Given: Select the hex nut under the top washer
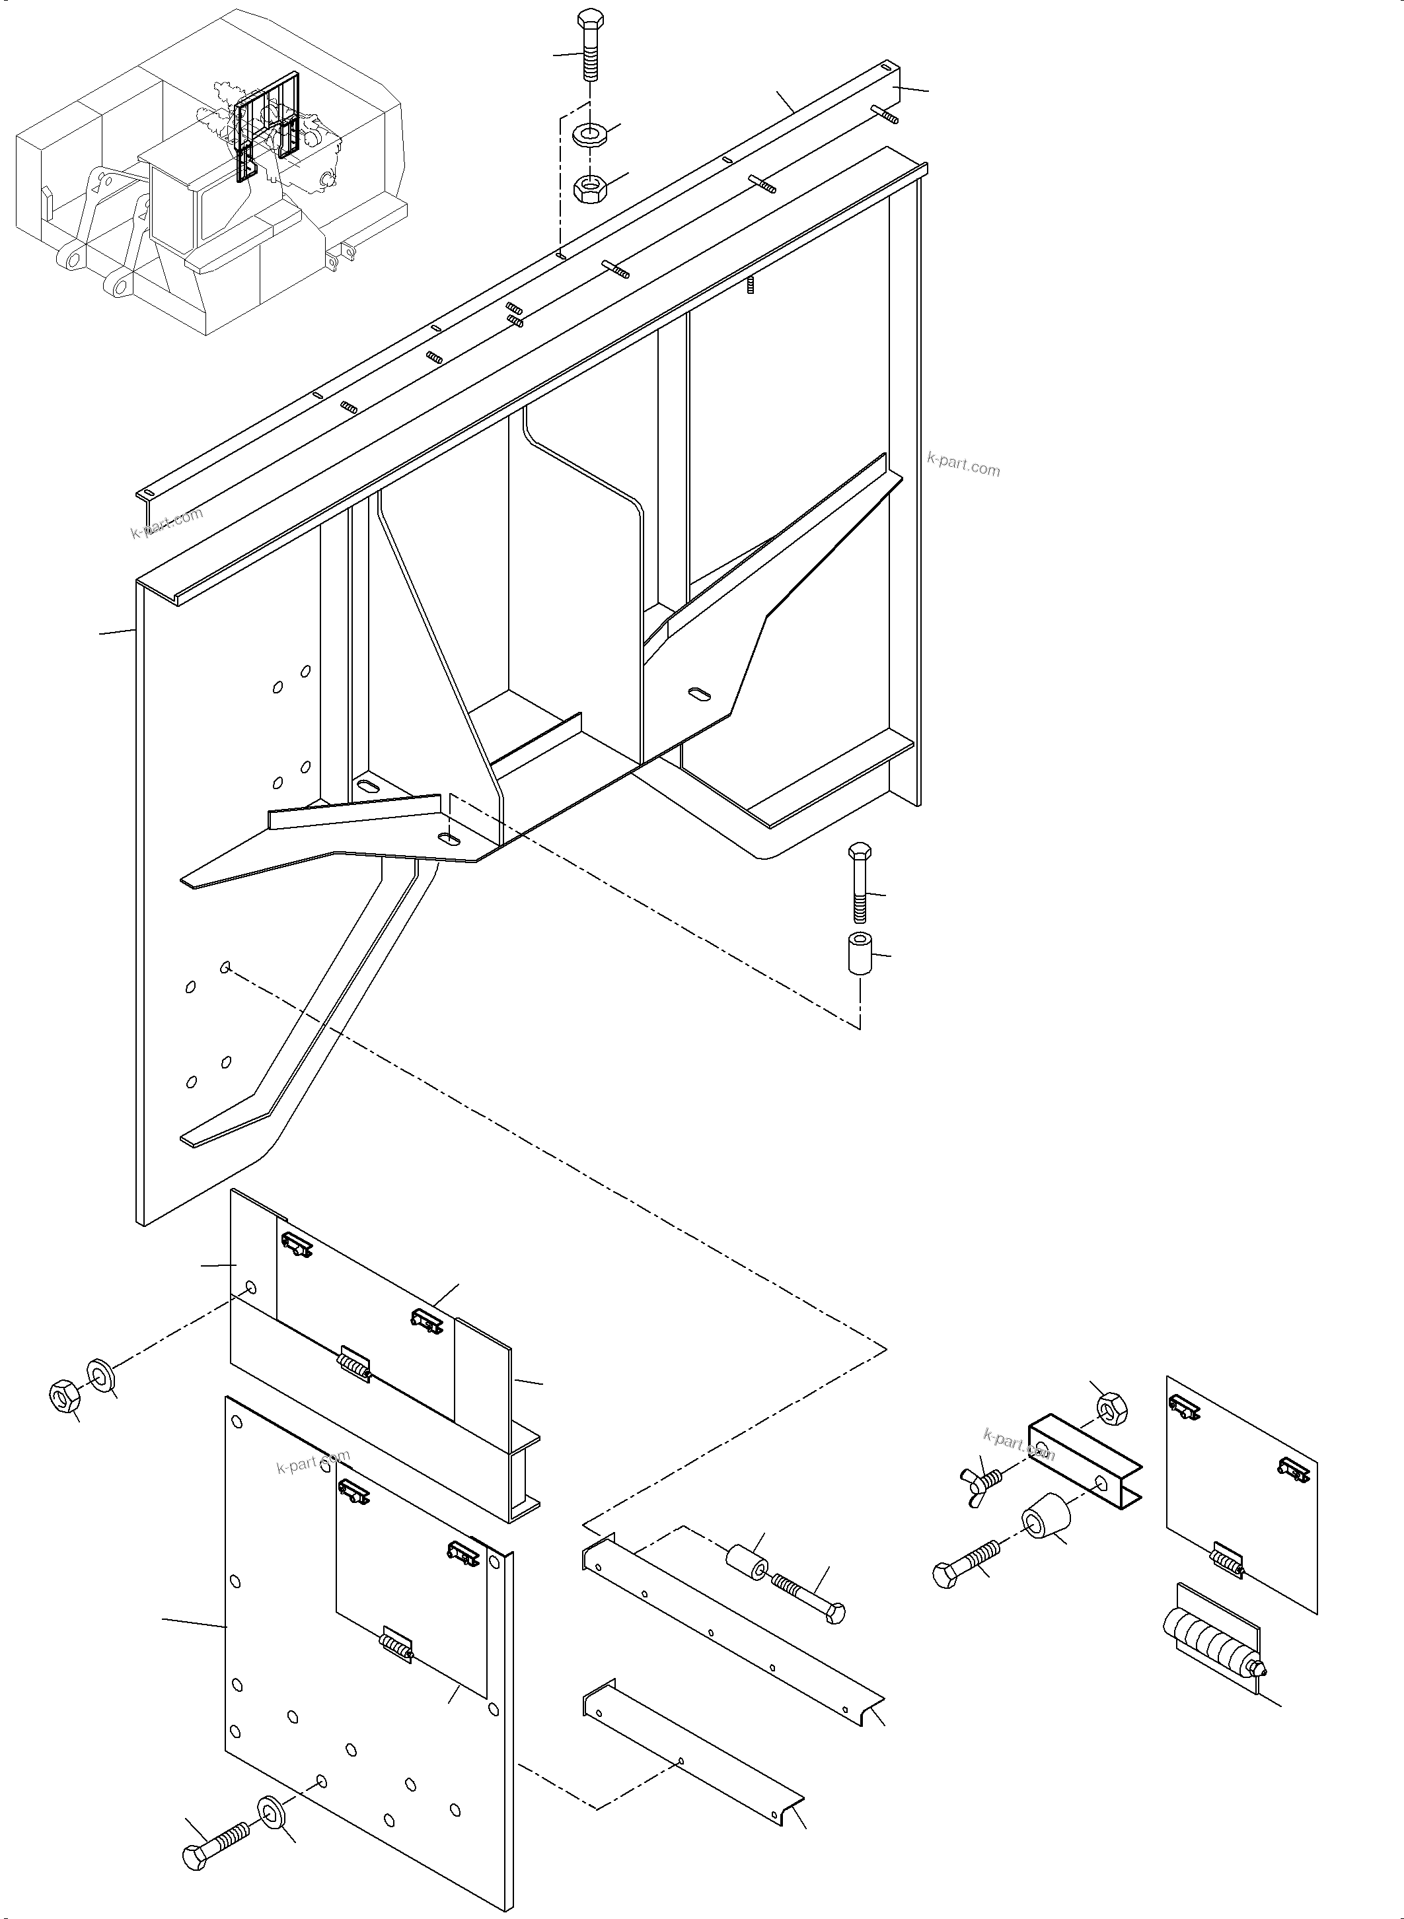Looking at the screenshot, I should pyautogui.click(x=587, y=187).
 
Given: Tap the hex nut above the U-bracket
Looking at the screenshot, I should pyautogui.click(x=1111, y=1409).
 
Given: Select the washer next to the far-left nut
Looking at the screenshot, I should pyautogui.click(x=100, y=1374).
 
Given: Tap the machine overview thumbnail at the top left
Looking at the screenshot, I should pyautogui.click(x=213, y=170).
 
